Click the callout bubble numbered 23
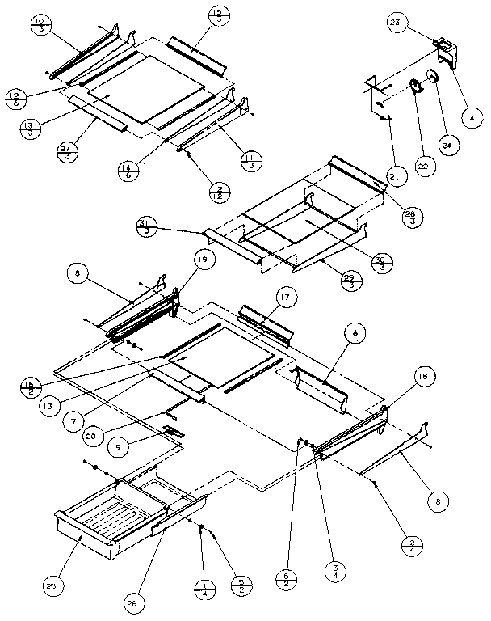[395, 24]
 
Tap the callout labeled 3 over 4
[331, 569]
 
